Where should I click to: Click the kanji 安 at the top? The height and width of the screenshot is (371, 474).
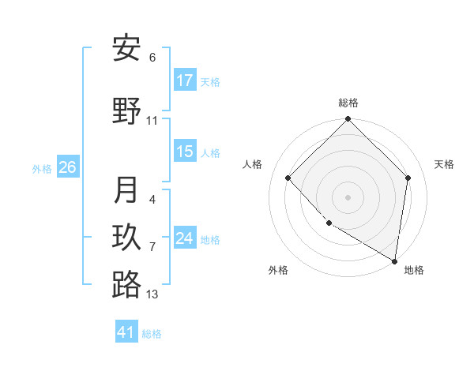pyautogui.click(x=126, y=49)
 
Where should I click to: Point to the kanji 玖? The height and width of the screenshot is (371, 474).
pyautogui.click(x=126, y=238)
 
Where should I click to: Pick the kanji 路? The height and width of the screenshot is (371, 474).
pyautogui.click(x=126, y=284)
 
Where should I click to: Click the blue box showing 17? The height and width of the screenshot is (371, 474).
pyautogui.click(x=185, y=80)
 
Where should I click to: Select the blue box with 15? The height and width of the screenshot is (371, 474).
pyautogui.click(x=185, y=152)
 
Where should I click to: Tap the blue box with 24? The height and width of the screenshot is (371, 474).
pyautogui.click(x=185, y=238)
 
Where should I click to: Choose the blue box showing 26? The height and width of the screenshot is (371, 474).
pyautogui.click(x=67, y=167)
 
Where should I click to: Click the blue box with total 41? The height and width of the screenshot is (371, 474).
pyautogui.click(x=126, y=332)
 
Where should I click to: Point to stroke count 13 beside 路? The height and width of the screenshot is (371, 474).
pyautogui.click(x=152, y=294)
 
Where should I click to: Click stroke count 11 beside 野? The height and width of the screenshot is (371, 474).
pyautogui.click(x=152, y=121)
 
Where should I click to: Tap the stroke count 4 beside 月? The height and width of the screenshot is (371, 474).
pyautogui.click(x=152, y=200)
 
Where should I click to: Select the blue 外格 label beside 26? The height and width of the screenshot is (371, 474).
pyautogui.click(x=42, y=168)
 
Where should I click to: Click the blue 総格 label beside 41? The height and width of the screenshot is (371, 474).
pyautogui.click(x=152, y=334)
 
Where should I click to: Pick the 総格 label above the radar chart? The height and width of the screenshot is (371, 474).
pyautogui.click(x=348, y=103)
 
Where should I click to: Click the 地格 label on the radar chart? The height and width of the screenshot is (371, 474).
pyautogui.click(x=414, y=270)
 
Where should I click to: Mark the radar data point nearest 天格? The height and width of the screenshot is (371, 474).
pyautogui.click(x=408, y=178)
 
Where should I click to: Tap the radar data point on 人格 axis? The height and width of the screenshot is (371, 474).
pyautogui.click(x=288, y=178)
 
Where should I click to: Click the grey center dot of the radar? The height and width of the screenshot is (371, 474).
pyautogui.click(x=348, y=197)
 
